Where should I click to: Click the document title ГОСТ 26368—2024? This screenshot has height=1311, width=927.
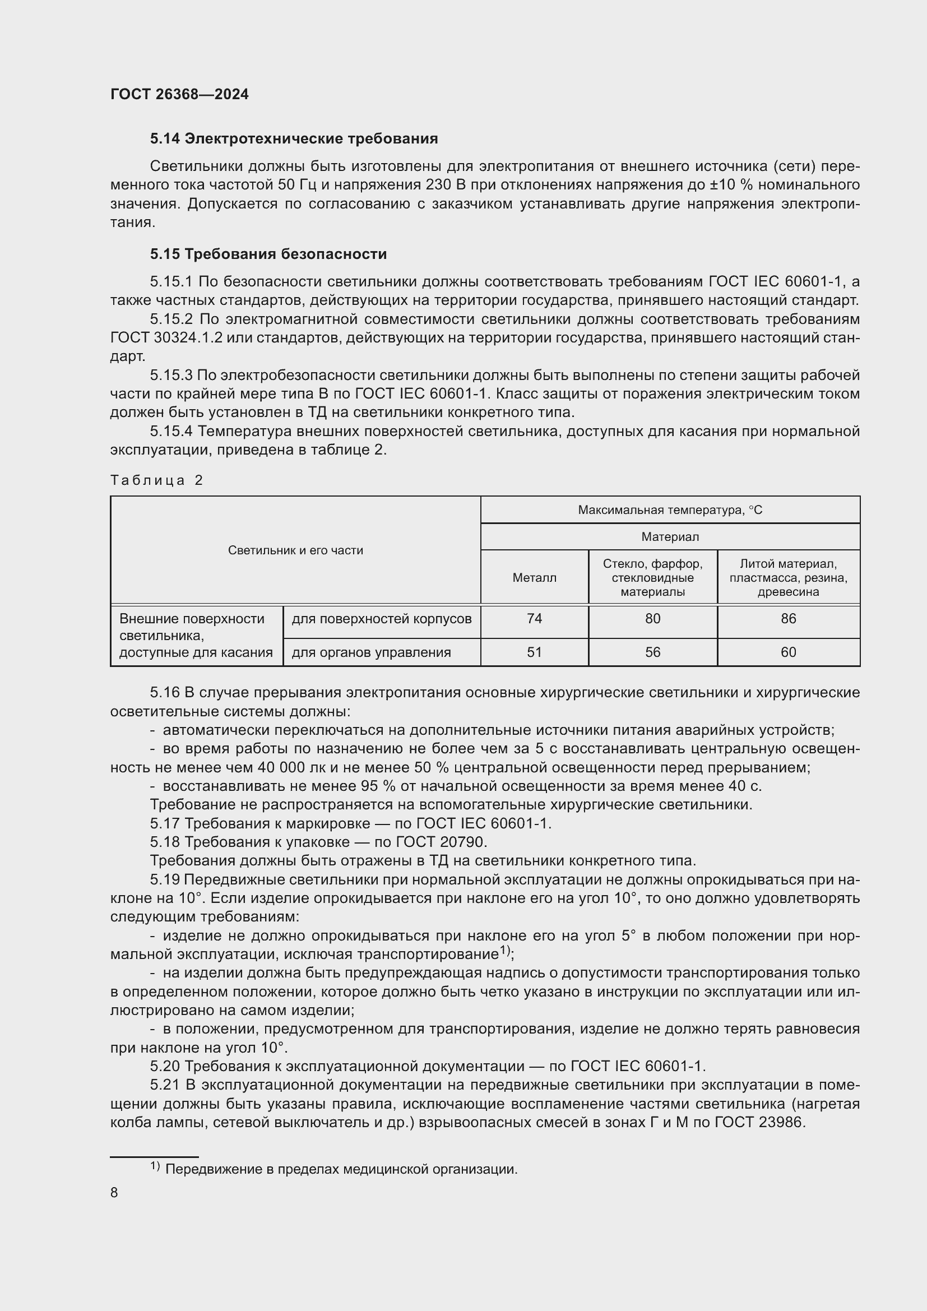point(179,94)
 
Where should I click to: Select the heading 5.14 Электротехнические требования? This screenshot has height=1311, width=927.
point(294,139)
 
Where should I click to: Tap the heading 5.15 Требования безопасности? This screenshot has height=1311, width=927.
point(268,254)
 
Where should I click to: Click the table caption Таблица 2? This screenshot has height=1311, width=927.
point(156,480)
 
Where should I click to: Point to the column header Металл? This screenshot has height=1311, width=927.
point(534,577)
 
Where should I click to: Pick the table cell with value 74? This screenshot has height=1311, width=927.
point(534,619)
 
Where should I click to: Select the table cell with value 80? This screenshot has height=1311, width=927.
point(652,619)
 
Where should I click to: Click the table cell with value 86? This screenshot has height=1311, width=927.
point(789,619)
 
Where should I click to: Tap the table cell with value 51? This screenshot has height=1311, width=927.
point(534,652)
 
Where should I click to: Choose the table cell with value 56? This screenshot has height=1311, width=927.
point(652,652)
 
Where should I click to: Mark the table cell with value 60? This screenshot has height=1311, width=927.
point(789,652)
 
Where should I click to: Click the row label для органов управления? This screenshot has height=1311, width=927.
point(371,652)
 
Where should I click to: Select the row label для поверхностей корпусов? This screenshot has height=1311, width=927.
point(381,619)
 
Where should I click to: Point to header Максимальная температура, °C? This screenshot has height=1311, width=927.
point(670,510)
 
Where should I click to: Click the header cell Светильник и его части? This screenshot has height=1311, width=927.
point(295,550)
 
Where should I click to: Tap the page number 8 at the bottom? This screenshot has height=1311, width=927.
point(114,1192)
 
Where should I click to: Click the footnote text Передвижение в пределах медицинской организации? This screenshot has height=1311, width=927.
point(341,1169)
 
